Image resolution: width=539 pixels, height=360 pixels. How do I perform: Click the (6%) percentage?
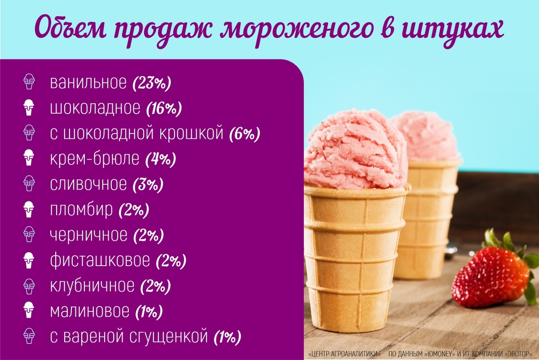[x=244, y=133]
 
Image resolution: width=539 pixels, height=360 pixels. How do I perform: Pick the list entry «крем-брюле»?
[x=95, y=159]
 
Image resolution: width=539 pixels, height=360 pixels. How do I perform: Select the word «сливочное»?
[x=88, y=184]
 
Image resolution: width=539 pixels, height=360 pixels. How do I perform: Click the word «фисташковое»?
[x=100, y=260]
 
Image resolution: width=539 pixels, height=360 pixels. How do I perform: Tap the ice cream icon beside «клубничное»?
[x=29, y=285]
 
